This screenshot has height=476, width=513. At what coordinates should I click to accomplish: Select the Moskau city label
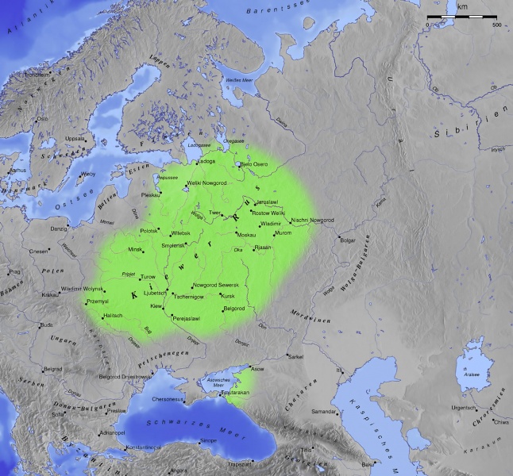246,236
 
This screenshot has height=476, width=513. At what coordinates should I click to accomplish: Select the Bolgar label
349,240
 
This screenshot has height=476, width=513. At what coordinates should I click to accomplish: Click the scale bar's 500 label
496,25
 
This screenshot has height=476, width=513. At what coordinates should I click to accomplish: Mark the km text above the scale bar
462,6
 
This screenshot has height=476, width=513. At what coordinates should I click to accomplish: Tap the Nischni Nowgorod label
312,220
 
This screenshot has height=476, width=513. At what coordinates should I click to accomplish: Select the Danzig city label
59,229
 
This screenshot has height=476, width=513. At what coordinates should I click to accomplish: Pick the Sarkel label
295,356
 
